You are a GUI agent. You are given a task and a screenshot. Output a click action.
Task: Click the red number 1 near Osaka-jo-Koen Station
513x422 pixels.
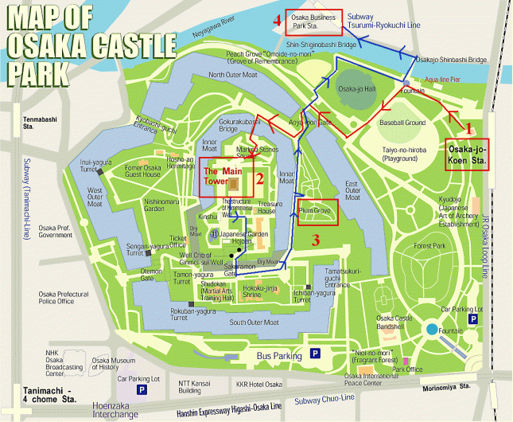[x=469, y=127]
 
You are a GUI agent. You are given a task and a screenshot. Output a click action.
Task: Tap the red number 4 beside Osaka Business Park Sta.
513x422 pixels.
[x=277, y=21]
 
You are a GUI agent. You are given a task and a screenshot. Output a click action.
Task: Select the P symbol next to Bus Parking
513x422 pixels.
[x=315, y=354]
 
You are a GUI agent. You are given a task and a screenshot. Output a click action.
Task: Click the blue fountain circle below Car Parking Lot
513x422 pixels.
[x=431, y=330]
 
